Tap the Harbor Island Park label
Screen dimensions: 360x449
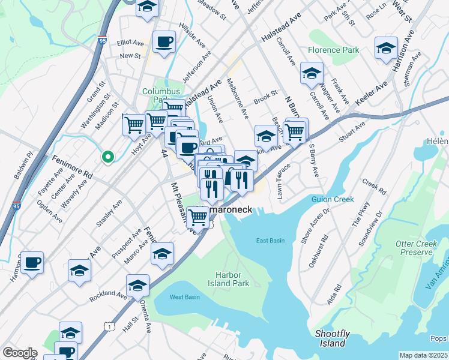[x=228, y=278]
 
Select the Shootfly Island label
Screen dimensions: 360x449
[x=331, y=338]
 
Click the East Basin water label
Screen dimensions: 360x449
[x=270, y=241]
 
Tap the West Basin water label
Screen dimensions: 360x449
[x=184, y=297]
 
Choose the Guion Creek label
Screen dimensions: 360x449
[x=331, y=199]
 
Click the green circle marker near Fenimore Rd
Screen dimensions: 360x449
[x=107, y=157]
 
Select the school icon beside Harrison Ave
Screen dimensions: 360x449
[x=386, y=48]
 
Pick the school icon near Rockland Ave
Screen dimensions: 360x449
[x=137, y=285]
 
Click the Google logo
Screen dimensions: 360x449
[x=20, y=353]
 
